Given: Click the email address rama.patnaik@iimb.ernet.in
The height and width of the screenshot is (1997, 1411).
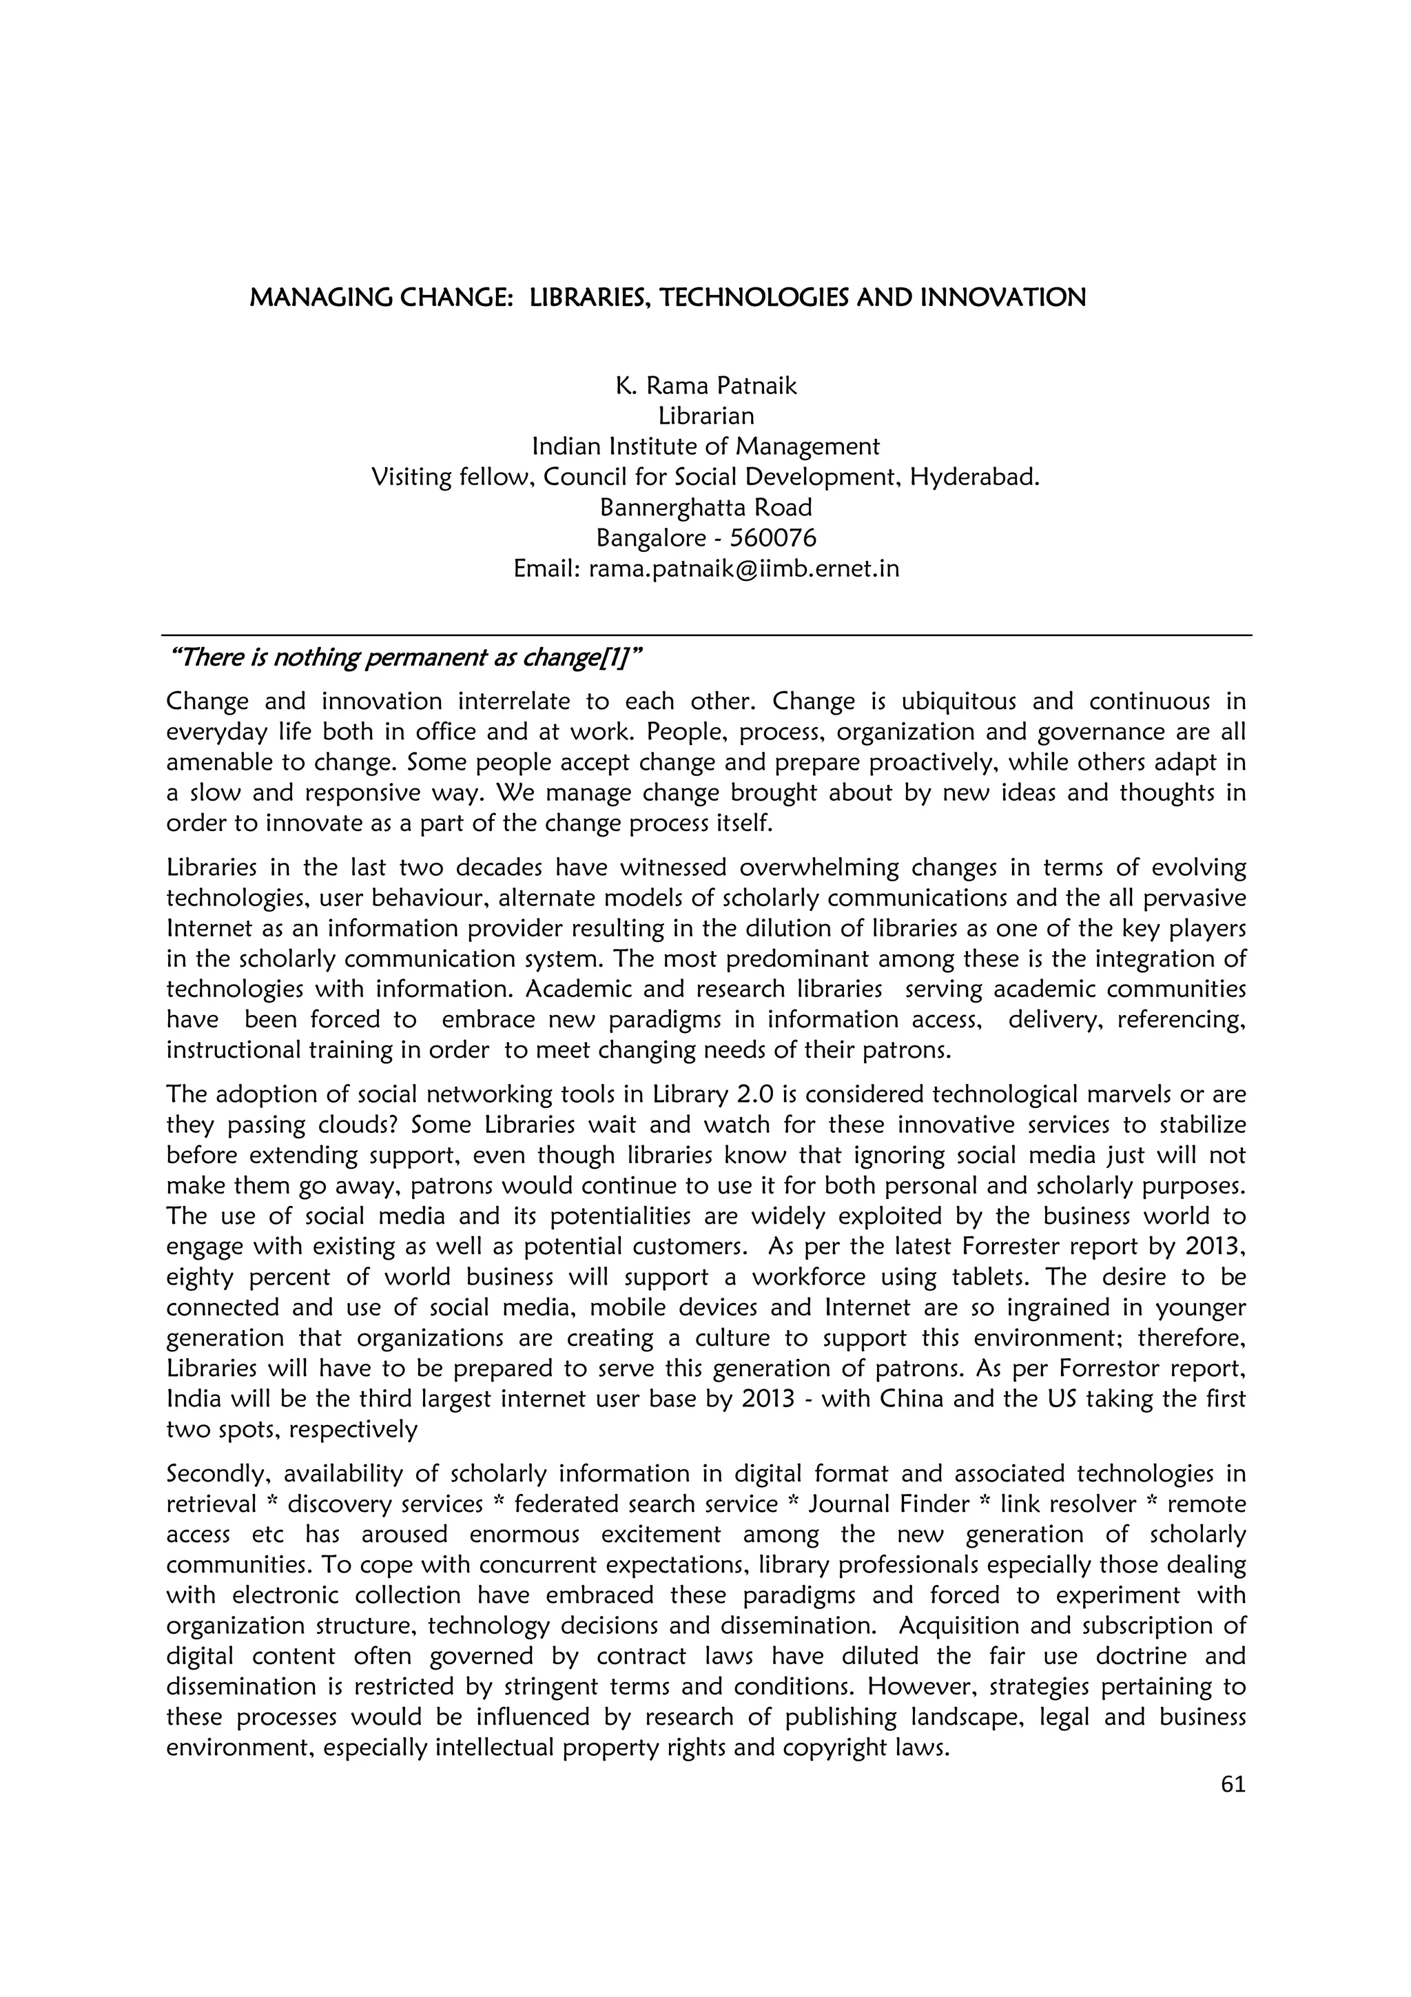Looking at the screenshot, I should point(743,569).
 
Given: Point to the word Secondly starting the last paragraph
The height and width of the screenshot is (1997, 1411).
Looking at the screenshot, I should point(217,1474).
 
